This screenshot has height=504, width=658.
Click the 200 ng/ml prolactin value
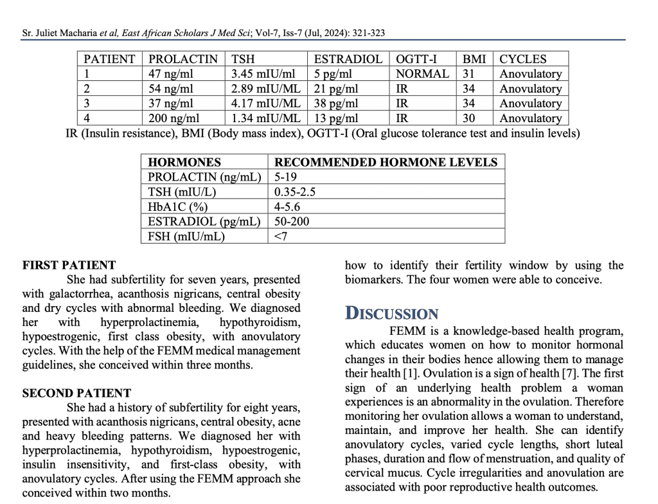click(174, 118)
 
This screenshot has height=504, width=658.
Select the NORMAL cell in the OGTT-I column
click(422, 74)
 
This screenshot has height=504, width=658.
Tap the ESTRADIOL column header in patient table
click(348, 59)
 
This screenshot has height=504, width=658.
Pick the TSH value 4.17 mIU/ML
click(265, 104)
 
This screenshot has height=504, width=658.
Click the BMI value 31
click(468, 74)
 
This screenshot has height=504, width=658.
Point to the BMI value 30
click(468, 118)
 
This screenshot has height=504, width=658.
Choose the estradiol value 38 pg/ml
click(336, 104)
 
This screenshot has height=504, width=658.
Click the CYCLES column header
click(523, 59)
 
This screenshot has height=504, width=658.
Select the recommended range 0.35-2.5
click(295, 192)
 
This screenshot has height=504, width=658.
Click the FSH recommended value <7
click(281, 236)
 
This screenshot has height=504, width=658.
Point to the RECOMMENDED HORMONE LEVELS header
click(386, 162)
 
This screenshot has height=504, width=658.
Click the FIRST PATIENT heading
click(69, 265)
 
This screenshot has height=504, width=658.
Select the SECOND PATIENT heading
click(76, 393)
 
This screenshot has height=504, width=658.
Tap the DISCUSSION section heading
click(392, 314)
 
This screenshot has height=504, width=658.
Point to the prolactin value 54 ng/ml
click(171, 89)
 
